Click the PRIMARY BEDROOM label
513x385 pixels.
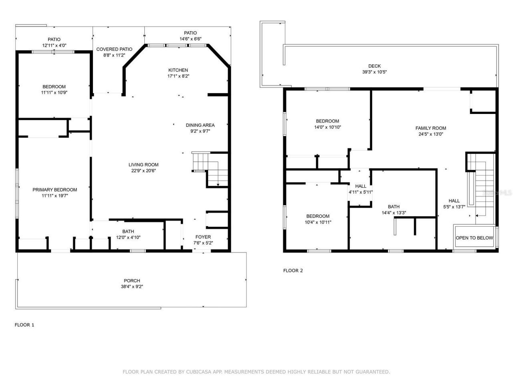point(55,190)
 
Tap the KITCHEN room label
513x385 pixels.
point(178,70)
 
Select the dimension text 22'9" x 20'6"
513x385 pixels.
point(143,170)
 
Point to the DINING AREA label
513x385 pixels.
point(200,125)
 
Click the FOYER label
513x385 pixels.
point(203,237)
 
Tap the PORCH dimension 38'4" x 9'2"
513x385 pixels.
point(132,287)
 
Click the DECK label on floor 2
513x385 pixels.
point(374,66)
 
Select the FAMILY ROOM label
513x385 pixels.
point(430,128)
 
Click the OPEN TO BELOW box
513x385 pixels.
point(474,238)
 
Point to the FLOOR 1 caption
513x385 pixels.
point(24,325)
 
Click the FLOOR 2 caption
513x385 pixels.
point(293,271)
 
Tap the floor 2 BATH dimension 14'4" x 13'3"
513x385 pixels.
point(394,213)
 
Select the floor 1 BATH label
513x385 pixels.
point(128,231)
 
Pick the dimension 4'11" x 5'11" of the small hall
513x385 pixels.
point(361,192)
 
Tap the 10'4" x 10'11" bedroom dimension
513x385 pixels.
point(318,222)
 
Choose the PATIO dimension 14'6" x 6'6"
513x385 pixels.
point(190,39)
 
